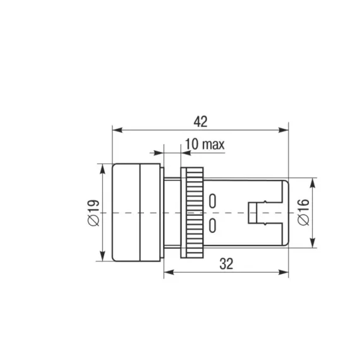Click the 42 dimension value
click(x=200, y=122)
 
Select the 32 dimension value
click(x=226, y=264)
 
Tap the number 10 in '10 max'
click(x=191, y=144)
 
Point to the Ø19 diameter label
click(x=93, y=213)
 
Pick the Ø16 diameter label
click(x=304, y=212)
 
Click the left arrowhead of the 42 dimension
click(x=117, y=130)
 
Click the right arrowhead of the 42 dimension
click(x=284, y=130)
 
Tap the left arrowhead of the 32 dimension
click(x=169, y=272)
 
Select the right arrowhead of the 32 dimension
click(x=284, y=272)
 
